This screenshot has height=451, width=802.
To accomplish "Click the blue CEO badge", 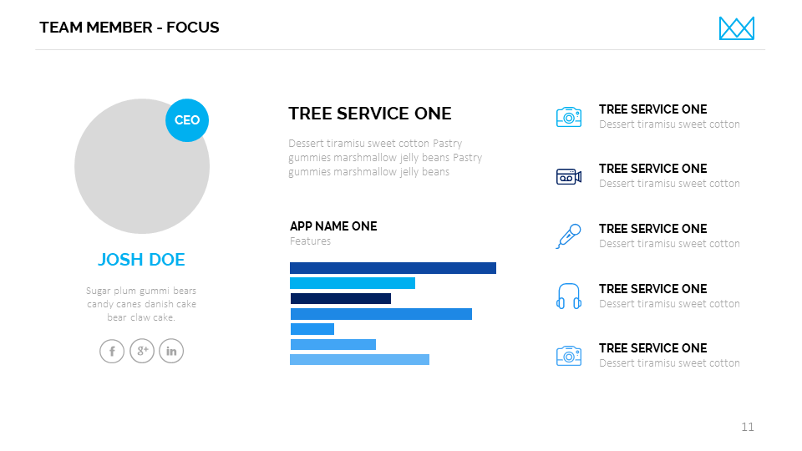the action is click(186, 120).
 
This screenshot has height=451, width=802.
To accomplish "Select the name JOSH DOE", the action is click(141, 260).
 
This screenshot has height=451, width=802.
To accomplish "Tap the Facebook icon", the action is click(112, 352).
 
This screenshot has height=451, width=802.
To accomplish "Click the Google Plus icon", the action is click(142, 352).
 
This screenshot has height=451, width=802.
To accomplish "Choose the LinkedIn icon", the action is click(171, 352).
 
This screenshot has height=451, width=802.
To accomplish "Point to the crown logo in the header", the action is click(737, 28).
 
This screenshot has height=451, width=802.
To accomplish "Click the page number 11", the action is click(747, 427).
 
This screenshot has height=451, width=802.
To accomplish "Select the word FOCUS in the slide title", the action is click(193, 28).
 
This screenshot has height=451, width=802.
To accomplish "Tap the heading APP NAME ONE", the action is click(333, 226).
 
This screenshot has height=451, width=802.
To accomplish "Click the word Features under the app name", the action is click(311, 241).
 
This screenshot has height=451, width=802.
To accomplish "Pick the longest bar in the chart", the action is click(393, 268).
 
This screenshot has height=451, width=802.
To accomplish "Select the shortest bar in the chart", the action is click(312, 329).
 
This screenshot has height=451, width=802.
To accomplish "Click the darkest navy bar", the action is click(341, 299).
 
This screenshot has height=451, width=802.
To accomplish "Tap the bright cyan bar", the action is click(353, 283).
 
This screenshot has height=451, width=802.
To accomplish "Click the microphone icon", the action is click(569, 236).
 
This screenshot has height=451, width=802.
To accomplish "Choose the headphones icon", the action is click(569, 296).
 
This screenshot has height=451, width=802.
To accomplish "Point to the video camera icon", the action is click(569, 177).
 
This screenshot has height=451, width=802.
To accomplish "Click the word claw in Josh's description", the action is click(140, 317).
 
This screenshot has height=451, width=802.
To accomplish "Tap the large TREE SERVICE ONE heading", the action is click(370, 114).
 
